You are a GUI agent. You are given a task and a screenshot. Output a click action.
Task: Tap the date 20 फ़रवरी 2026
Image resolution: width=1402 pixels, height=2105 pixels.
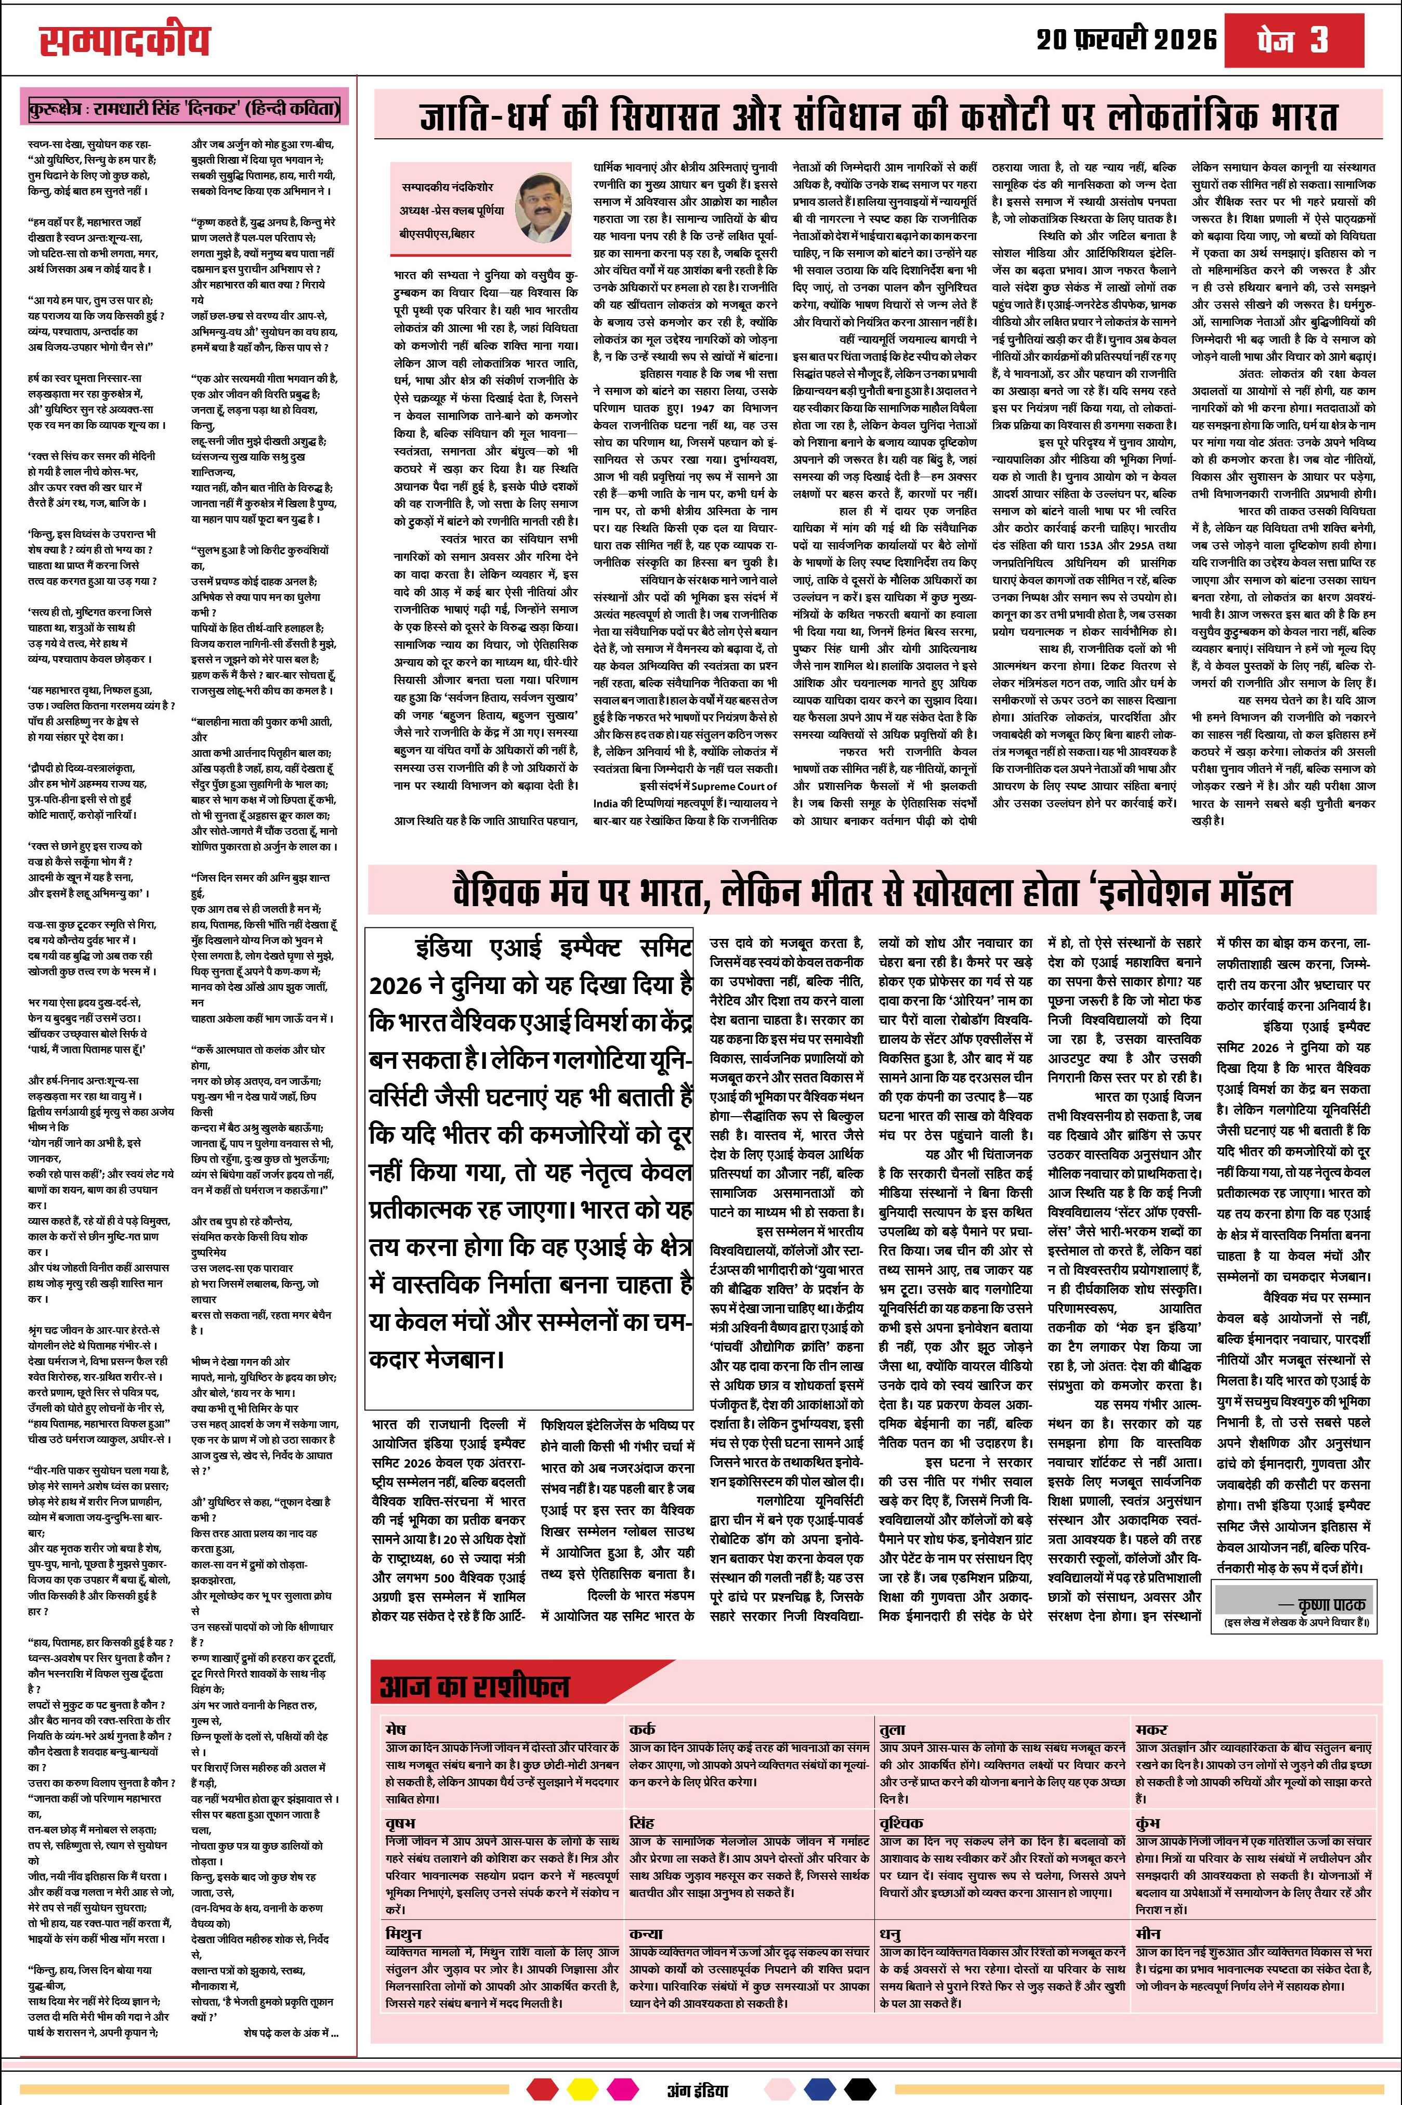(1126, 40)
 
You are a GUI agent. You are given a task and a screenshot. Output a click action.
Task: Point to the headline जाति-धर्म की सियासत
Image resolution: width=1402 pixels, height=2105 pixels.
(880, 117)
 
